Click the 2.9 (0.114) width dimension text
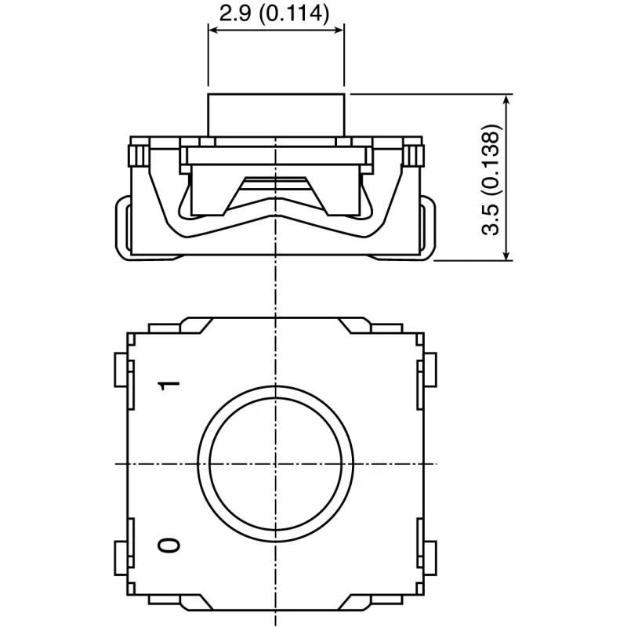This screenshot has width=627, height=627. click(274, 13)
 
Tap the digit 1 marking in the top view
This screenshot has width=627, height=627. click(169, 386)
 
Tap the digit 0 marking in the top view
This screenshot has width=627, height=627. click(169, 545)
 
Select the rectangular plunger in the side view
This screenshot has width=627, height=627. click(276, 115)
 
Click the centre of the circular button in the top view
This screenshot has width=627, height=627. click(276, 464)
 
